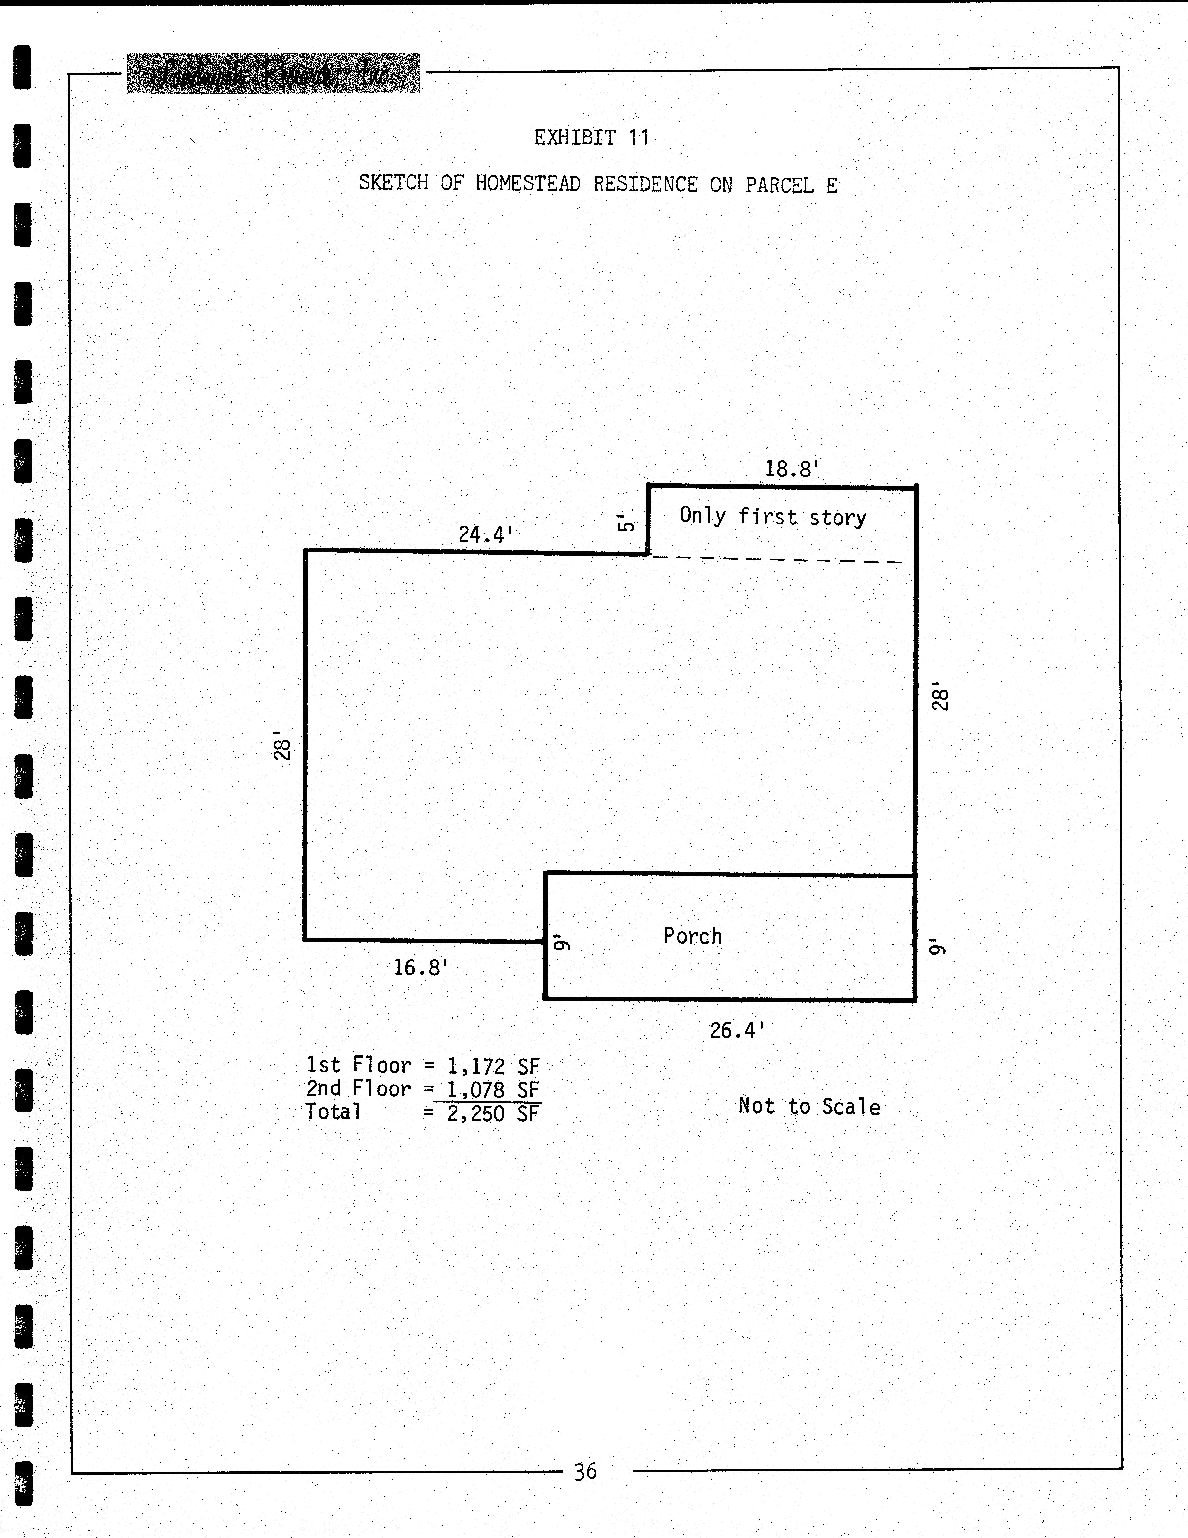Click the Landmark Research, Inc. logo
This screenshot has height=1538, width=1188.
(x=273, y=73)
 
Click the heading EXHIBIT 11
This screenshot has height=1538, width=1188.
(x=591, y=137)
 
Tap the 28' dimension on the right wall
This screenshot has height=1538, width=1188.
(x=941, y=696)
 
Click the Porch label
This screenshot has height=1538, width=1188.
(x=692, y=936)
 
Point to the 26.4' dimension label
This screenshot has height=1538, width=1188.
(x=737, y=1031)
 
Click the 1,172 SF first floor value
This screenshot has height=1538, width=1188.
(x=493, y=1066)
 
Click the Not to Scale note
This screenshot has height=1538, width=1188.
(x=809, y=1106)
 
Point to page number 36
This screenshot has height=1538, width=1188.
(x=585, y=1471)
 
